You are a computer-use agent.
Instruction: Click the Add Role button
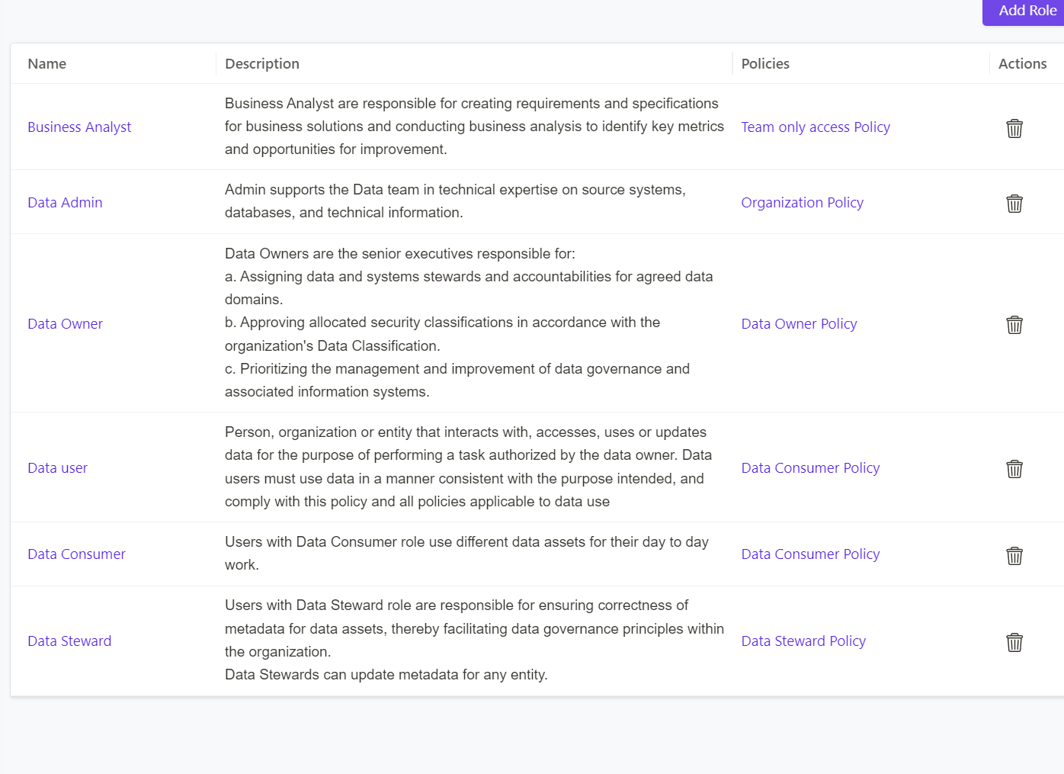coord(1026,11)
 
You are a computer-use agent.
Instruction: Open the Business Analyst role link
coord(79,127)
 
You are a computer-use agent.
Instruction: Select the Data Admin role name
coord(65,203)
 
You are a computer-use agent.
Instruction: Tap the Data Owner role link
coord(65,324)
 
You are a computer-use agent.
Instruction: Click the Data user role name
coord(57,468)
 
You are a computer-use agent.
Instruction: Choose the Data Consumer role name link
coord(76,554)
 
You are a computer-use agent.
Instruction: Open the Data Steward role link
coord(69,641)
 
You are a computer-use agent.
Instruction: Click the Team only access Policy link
coord(816,127)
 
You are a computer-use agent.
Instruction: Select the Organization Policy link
coord(802,203)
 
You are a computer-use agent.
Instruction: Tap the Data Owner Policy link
coord(799,324)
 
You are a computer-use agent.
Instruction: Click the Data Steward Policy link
coord(803,641)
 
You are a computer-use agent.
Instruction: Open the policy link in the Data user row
coord(810,468)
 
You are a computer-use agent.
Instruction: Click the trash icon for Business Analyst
coord(1014,128)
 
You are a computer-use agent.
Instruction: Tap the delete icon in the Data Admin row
coord(1014,204)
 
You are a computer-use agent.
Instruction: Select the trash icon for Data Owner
coord(1014,325)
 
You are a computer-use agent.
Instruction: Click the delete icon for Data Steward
coord(1014,642)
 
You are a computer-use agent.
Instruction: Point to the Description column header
coord(262,64)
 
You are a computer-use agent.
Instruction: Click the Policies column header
coord(765,64)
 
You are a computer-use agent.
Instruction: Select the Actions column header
coord(1022,64)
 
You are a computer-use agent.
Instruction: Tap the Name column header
coord(47,64)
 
